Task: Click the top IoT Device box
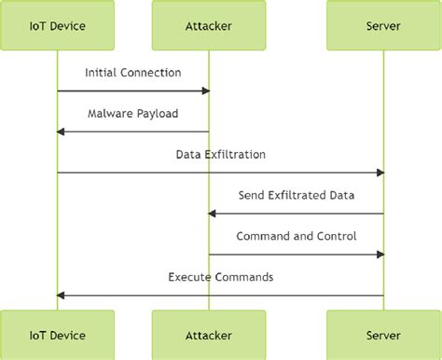57,26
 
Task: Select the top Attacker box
209,26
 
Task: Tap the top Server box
383,26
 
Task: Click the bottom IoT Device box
57,335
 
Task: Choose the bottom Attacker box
209,335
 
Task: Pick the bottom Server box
383,335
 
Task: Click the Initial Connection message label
132,72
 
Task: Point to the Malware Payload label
132,113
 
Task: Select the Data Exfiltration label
220,154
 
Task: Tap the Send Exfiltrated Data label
296,195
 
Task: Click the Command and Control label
296,236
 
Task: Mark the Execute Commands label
220,277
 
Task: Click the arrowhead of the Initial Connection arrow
205,90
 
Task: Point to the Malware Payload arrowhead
62,132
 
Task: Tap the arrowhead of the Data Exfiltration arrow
380,173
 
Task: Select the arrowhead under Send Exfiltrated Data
214,214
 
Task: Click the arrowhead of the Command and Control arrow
380,255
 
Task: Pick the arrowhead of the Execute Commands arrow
62,296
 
